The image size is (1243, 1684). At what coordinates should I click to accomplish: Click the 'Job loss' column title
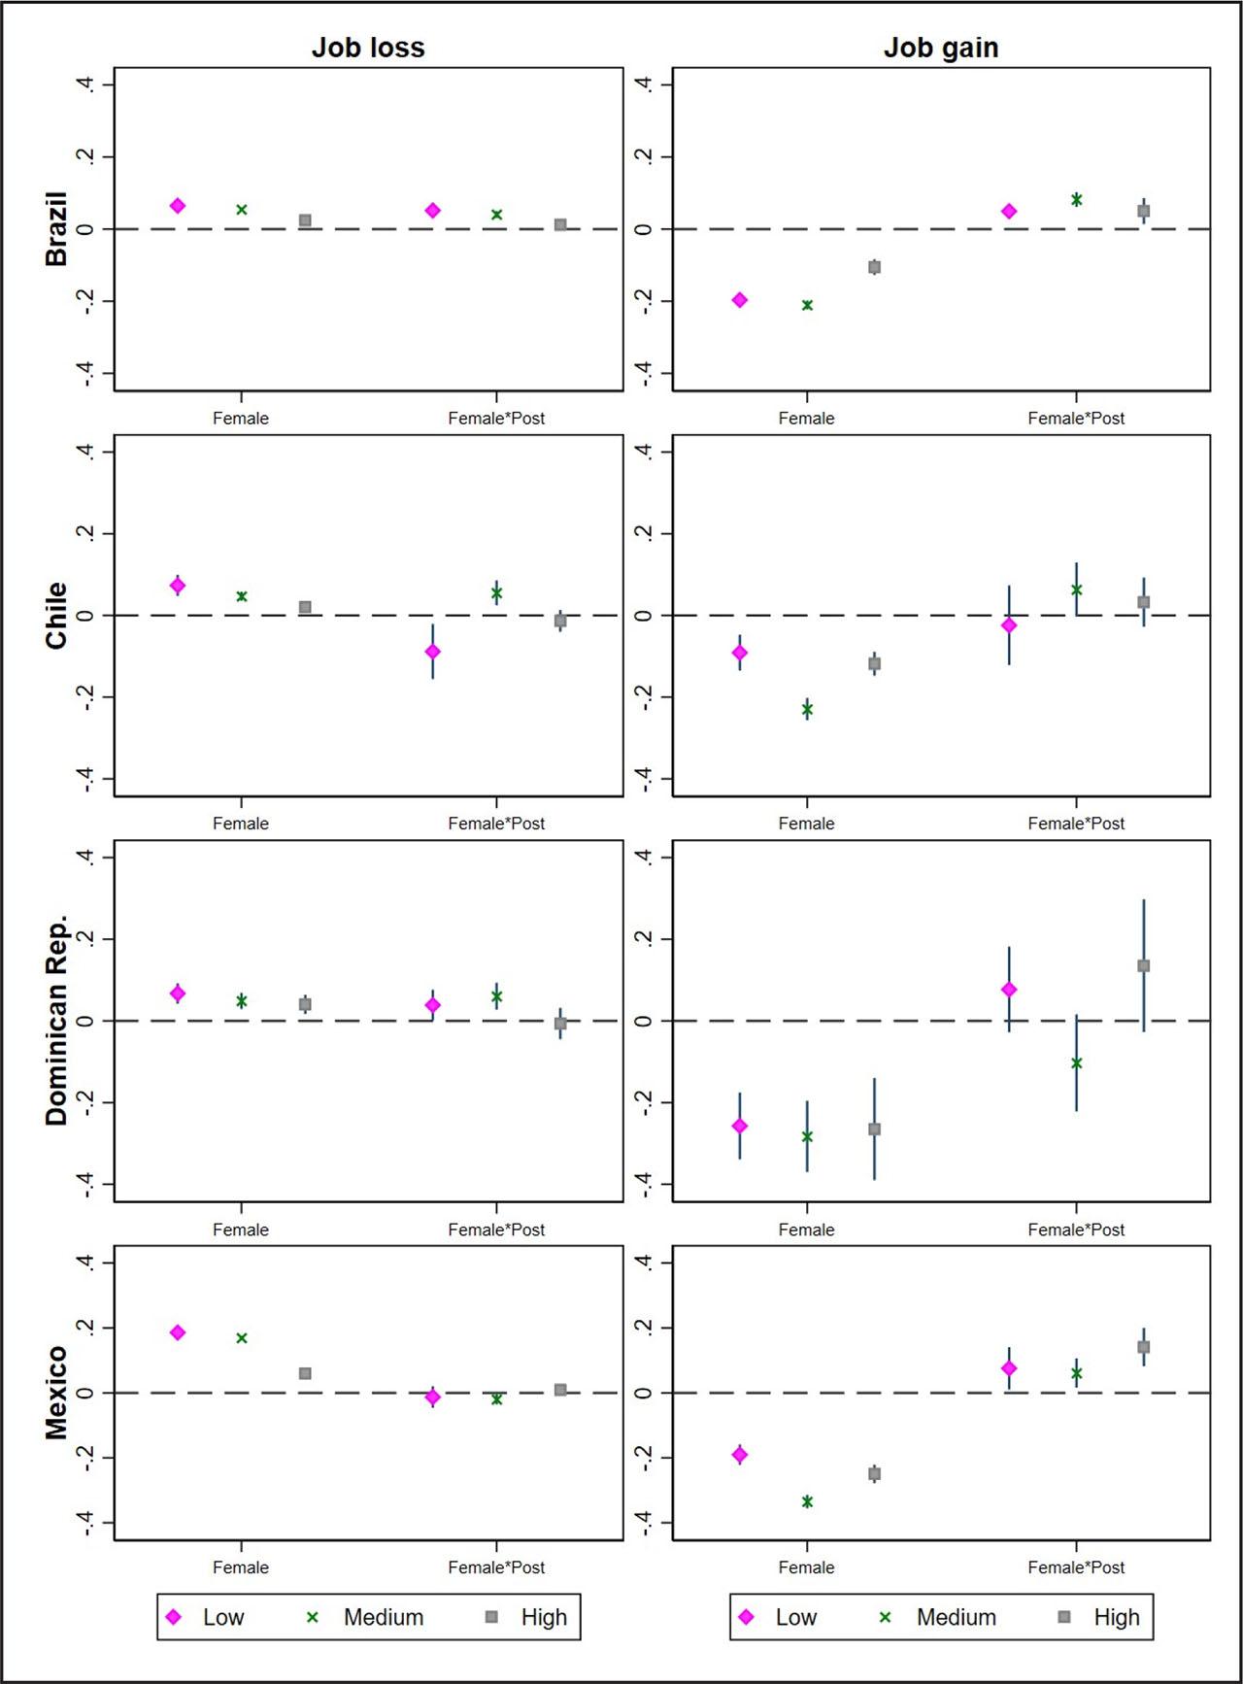(x=368, y=48)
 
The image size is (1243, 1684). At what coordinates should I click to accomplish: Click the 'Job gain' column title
(x=941, y=48)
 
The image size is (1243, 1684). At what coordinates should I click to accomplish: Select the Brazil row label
(x=56, y=229)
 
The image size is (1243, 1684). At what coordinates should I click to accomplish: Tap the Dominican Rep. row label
(x=56, y=1020)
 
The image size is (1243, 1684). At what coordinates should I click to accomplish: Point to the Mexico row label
(x=56, y=1392)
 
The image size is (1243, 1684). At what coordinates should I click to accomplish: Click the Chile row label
(x=56, y=615)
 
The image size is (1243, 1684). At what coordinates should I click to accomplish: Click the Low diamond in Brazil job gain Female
(x=740, y=300)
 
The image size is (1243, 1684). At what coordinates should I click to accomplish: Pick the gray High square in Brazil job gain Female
(x=874, y=267)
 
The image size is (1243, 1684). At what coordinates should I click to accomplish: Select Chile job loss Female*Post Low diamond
(x=433, y=652)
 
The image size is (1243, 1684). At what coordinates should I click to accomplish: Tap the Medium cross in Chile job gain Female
(x=807, y=710)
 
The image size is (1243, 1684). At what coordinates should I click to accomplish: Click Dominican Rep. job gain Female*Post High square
(x=1144, y=965)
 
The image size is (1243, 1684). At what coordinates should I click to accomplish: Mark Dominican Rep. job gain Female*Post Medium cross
(x=1076, y=1062)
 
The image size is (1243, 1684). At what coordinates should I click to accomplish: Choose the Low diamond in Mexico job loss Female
(x=178, y=1332)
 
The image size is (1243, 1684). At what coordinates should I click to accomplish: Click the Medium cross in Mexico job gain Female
(x=807, y=1501)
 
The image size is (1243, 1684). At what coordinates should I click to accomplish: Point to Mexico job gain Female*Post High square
(x=1144, y=1347)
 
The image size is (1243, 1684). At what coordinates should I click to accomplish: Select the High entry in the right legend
(x=1098, y=1617)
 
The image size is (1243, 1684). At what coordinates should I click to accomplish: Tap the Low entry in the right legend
(x=778, y=1617)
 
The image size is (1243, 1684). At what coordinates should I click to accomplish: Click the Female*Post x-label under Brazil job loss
(x=496, y=419)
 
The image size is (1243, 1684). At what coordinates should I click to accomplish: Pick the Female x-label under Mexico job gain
(x=806, y=1567)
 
